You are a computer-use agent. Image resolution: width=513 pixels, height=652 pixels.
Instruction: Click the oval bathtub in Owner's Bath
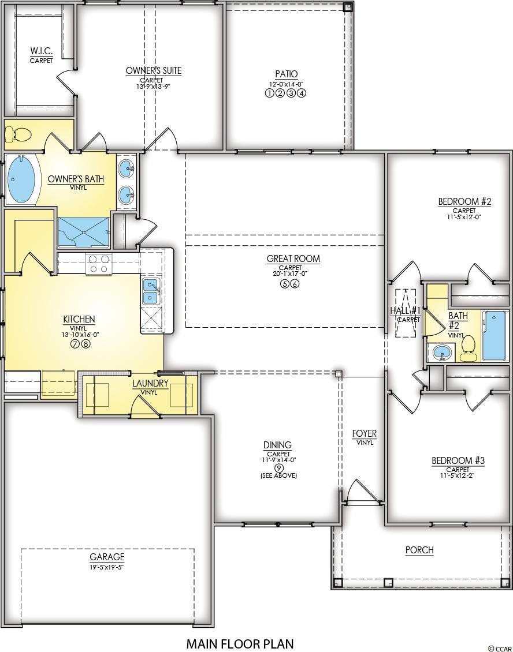[21, 179]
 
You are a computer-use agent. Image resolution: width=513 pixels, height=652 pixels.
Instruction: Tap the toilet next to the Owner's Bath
[18, 134]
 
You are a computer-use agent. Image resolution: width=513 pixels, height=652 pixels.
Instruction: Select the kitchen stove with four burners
[99, 264]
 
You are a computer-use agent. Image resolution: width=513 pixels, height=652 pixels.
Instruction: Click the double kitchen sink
[151, 291]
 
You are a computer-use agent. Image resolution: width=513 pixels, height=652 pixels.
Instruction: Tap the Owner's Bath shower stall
[84, 232]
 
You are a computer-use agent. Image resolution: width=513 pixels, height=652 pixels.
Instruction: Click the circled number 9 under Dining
[279, 467]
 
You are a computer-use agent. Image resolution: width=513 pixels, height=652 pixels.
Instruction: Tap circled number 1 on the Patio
[269, 93]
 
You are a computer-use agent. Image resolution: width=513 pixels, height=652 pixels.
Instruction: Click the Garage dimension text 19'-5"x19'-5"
[107, 567]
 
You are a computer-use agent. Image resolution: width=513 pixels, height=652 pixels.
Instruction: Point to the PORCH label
[419, 550]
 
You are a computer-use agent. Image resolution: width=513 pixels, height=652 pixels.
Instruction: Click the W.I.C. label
[41, 51]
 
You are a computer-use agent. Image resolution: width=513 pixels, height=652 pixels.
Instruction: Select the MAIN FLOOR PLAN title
[240, 644]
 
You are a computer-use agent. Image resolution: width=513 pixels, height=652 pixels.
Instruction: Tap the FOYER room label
[365, 434]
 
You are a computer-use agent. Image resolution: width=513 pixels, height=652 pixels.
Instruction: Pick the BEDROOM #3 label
[458, 460]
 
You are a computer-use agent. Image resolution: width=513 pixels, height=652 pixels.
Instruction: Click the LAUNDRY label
[150, 383]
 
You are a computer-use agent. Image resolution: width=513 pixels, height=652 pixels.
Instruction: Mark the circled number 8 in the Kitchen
[85, 344]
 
